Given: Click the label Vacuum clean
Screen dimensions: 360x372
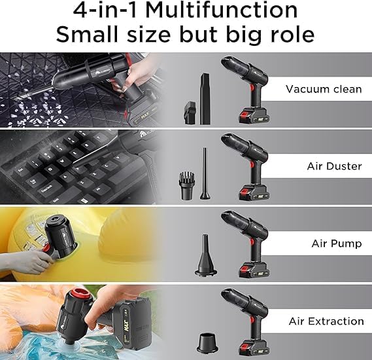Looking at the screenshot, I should (x=324, y=89).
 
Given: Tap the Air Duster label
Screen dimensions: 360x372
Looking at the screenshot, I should (x=334, y=166).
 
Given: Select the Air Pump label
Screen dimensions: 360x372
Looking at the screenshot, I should (x=337, y=243).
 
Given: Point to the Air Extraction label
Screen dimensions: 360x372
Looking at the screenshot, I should (x=326, y=321).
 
